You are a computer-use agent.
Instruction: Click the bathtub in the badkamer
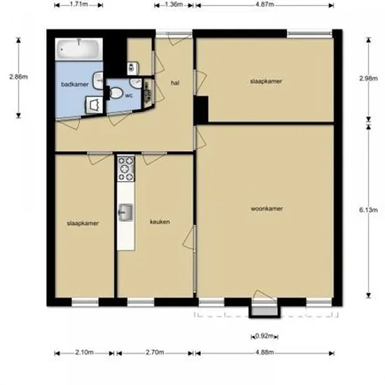click(x=79, y=49)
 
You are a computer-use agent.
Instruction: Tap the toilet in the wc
click(x=115, y=93)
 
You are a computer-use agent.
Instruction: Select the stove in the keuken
click(x=126, y=169)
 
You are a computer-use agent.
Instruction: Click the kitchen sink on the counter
click(x=126, y=212)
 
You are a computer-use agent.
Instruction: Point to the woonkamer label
click(x=267, y=209)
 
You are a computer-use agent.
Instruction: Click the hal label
click(x=175, y=83)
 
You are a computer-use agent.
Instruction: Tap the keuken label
click(x=160, y=222)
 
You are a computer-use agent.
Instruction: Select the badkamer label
click(x=75, y=85)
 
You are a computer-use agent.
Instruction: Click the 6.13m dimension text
click(x=368, y=210)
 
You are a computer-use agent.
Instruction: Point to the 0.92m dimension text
click(x=265, y=335)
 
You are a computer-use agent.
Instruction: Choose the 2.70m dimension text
click(x=155, y=352)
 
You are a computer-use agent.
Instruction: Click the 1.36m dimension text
click(x=174, y=4)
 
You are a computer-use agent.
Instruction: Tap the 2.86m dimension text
click(x=19, y=76)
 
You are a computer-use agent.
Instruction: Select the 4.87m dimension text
click(x=265, y=4)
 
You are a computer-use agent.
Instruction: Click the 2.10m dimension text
click(x=84, y=352)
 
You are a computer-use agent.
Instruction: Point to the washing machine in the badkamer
click(x=94, y=105)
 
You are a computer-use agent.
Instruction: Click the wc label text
click(x=129, y=95)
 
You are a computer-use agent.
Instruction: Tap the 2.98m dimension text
click(x=368, y=78)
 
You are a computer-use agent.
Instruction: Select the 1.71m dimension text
click(x=79, y=4)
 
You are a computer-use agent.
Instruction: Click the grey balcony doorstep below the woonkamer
click(x=265, y=311)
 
